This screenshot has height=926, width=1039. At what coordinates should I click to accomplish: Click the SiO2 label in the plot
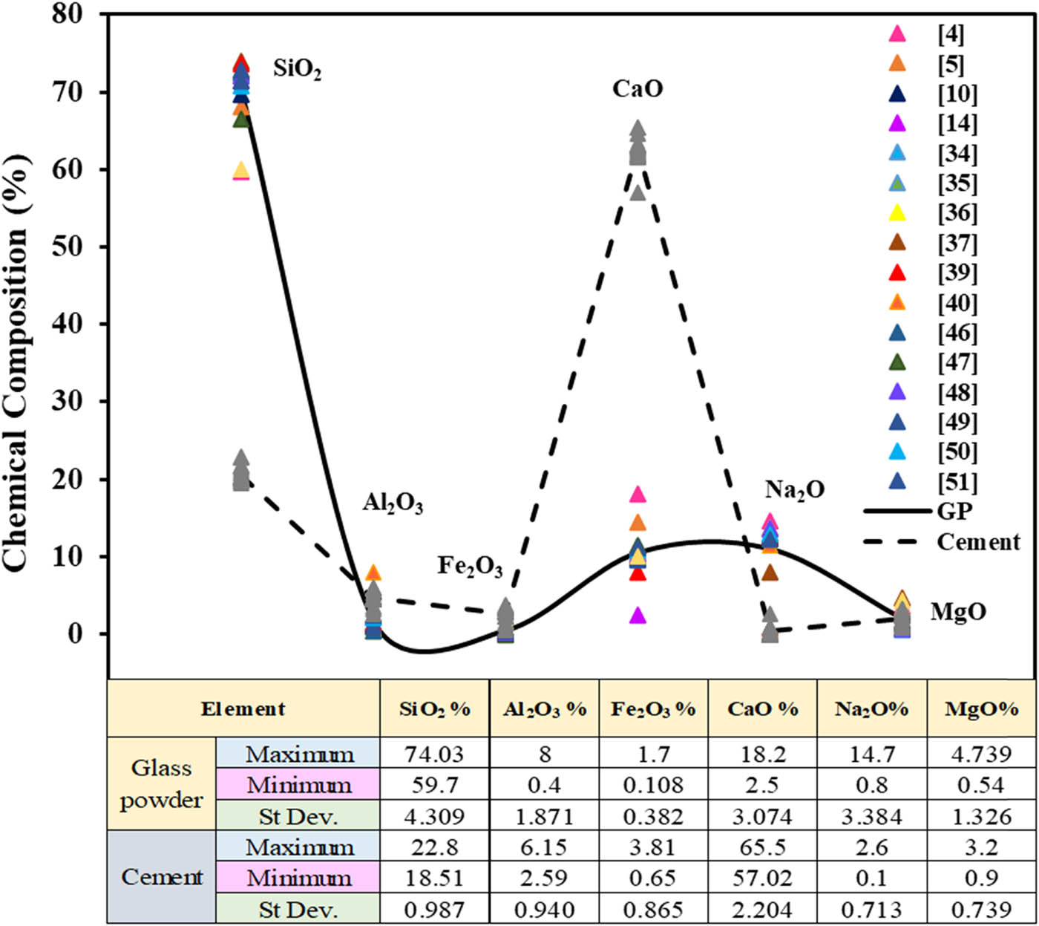[x=297, y=69]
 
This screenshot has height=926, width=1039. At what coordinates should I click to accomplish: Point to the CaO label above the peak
[x=638, y=89]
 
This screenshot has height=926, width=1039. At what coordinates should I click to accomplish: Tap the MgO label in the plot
[x=958, y=612]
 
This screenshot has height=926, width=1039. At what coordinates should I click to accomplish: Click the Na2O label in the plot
[x=795, y=490]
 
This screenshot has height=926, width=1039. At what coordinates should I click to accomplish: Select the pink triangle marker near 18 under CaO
[x=638, y=495]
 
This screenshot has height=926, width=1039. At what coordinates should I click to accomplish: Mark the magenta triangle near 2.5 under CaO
[x=638, y=616]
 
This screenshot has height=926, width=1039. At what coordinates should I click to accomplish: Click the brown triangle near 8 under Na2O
[x=770, y=573]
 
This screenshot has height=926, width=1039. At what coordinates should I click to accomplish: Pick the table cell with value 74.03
[x=434, y=754]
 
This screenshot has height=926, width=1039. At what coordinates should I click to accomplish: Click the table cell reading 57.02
[x=762, y=878]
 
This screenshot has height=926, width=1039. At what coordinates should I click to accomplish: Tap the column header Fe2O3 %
[x=653, y=709]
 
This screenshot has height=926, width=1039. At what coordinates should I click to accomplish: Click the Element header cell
[x=243, y=709]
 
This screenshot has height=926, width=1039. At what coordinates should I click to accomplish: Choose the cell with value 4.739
[x=981, y=754]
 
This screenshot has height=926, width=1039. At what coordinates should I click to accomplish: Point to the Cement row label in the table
[x=161, y=877]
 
